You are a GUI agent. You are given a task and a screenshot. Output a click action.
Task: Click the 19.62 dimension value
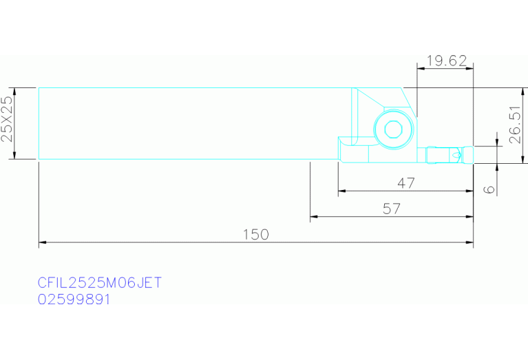pyautogui.click(x=447, y=61)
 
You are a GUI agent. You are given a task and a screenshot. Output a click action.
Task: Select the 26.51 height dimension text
pyautogui.click(x=515, y=125)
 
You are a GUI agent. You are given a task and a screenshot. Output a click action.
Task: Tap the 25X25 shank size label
pyautogui.click(x=7, y=119)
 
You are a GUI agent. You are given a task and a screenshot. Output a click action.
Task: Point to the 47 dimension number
pyautogui.click(x=406, y=183)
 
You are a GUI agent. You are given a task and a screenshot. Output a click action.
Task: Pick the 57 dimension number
pyautogui.click(x=392, y=209)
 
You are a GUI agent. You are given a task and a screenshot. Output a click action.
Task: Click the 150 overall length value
pyautogui.click(x=256, y=235)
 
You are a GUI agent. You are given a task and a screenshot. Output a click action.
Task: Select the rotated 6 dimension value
pyautogui.click(x=489, y=189)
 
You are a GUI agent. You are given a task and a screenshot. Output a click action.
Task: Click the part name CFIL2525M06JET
pyautogui.click(x=100, y=282)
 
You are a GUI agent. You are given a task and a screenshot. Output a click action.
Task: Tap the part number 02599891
pyautogui.click(x=74, y=299)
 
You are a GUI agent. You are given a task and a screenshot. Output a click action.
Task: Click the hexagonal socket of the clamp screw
pyautogui.click(x=392, y=129)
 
